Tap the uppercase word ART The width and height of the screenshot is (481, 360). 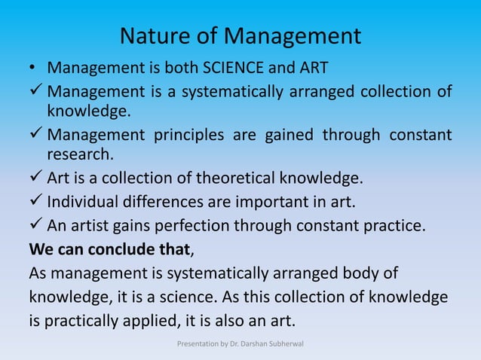click(311, 69)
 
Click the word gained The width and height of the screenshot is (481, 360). click(290, 136)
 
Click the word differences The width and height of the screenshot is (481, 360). click(153, 202)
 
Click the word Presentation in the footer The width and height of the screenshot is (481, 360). click(196, 346)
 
